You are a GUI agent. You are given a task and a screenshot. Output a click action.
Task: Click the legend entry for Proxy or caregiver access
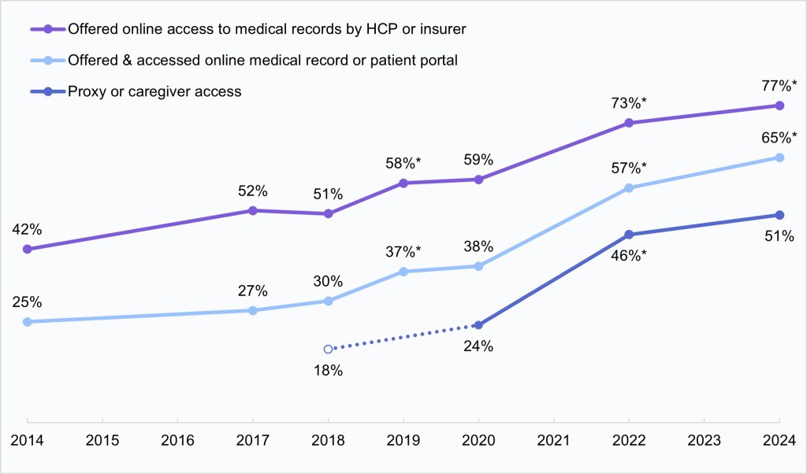point(154,92)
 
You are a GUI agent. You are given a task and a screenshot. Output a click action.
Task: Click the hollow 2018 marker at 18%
point(329,349)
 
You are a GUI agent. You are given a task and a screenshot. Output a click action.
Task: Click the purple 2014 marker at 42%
point(27,249)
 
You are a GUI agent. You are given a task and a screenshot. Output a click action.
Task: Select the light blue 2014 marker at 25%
point(27,321)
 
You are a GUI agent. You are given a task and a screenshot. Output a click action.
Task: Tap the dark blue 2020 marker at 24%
point(478,325)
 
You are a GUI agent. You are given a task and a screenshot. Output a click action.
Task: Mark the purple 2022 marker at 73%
point(629,123)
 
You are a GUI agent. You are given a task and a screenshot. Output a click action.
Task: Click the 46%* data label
point(629,255)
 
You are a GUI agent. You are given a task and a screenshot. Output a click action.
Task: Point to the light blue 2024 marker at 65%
point(779,157)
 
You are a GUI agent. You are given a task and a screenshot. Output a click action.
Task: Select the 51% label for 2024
point(778,236)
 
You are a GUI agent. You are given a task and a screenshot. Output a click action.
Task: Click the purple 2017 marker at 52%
point(253,210)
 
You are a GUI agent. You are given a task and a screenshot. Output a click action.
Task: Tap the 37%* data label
point(403,252)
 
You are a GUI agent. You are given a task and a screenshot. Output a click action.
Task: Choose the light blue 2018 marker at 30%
point(329,301)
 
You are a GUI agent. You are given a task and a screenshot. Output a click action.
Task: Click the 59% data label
point(478,160)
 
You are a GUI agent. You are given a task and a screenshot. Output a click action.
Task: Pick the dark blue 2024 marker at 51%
point(779,215)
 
